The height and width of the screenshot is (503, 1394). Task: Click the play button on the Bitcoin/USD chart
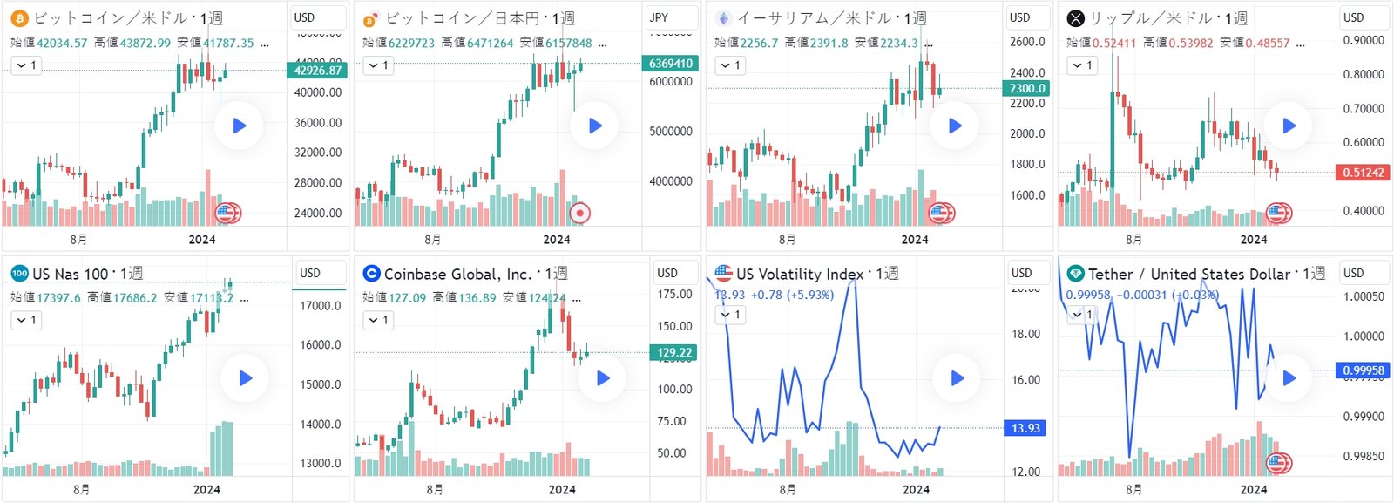[240, 126]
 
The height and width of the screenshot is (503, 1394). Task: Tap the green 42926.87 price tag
[318, 71]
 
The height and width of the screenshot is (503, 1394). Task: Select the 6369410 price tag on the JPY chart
[671, 64]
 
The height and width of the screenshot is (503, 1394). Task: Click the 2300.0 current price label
[1027, 88]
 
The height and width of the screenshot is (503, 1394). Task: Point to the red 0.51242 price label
[1364, 173]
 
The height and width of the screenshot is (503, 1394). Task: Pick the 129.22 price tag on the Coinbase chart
[674, 353]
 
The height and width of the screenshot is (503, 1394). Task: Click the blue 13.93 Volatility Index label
[1025, 428]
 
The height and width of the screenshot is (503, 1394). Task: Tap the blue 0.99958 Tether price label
[1364, 370]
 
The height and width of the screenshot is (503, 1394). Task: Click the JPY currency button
[660, 17]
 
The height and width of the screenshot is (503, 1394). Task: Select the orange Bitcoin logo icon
[19, 18]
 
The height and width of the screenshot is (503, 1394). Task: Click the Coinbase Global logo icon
[372, 274]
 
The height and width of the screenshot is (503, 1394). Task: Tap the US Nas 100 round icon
[19, 274]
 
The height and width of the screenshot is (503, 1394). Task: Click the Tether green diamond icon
[1076, 274]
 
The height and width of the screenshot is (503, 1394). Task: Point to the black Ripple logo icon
[1076, 18]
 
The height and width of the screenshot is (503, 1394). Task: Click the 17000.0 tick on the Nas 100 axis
[321, 306]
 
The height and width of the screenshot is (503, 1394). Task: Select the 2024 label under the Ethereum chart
[915, 240]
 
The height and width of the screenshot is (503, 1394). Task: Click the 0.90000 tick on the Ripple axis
[1364, 40]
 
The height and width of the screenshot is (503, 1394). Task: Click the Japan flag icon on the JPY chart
[579, 213]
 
